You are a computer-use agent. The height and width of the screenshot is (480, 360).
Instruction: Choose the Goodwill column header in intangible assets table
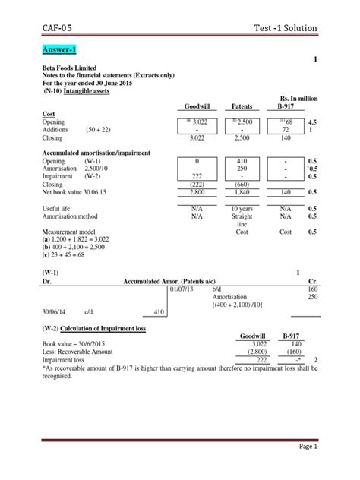tap(196, 107)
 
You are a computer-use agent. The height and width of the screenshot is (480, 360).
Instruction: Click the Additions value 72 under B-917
tap(286, 131)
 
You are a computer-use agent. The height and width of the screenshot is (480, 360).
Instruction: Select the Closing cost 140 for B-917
tap(286, 140)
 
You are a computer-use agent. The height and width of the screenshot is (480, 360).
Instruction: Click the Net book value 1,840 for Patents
tap(242, 194)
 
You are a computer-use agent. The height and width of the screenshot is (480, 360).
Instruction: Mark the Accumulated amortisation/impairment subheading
tap(95, 153)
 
